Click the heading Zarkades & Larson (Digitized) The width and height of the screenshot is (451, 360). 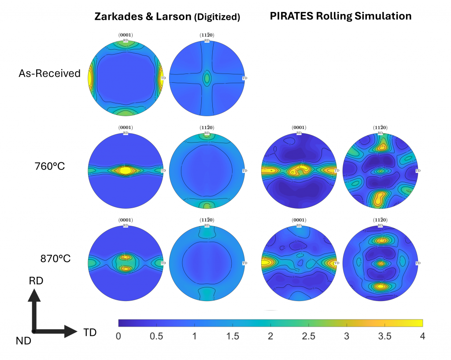[167, 17]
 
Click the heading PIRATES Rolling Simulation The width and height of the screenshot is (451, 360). [340, 16]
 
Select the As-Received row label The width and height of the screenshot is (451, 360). [49, 73]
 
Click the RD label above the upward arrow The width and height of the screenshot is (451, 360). [37, 281]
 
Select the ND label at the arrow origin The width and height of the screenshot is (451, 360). [24, 340]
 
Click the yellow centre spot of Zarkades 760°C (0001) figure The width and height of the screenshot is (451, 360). [126, 170]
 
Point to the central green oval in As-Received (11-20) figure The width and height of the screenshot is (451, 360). [207, 78]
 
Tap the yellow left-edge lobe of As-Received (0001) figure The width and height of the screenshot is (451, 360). [90, 78]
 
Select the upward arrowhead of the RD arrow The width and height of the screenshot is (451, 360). [34, 295]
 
